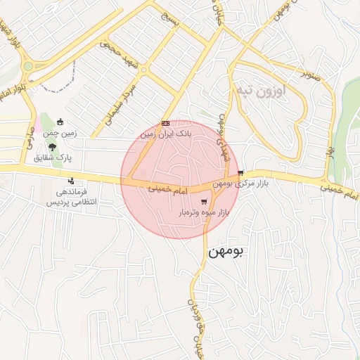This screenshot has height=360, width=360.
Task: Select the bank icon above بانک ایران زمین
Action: click(x=165, y=122)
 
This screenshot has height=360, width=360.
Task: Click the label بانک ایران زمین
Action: click(x=165, y=133)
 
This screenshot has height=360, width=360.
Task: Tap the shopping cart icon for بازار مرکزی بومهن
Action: click(x=241, y=173)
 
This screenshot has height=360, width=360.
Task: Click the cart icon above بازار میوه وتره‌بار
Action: click(x=204, y=202)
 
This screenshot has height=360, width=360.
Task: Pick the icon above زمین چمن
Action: click(x=60, y=122)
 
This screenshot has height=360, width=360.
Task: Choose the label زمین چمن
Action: click(x=60, y=132)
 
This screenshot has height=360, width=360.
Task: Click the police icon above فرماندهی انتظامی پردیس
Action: click(x=70, y=181)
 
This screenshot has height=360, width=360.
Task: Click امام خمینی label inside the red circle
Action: click(x=169, y=189)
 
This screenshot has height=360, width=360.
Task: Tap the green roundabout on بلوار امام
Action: click(x=28, y=67)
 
